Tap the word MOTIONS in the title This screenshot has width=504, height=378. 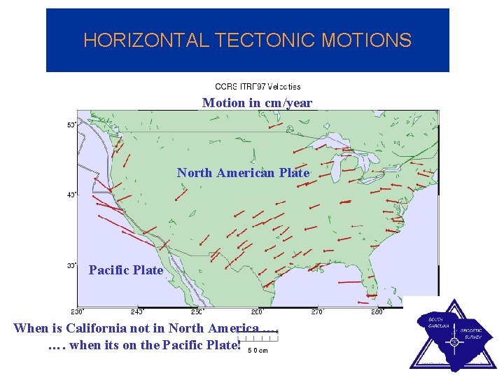click(x=366, y=41)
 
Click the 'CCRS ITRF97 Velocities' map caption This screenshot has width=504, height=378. click(x=258, y=87)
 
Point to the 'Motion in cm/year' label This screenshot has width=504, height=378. click(x=257, y=103)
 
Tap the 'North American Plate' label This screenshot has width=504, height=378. click(x=243, y=173)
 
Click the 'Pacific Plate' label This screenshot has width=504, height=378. click(x=126, y=270)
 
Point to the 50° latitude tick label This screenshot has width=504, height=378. click(x=71, y=125)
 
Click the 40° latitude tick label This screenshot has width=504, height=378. click(x=71, y=195)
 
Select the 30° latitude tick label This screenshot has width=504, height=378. click(x=71, y=265)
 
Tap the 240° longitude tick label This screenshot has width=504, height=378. click(x=137, y=311)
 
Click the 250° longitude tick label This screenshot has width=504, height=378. click(x=197, y=311)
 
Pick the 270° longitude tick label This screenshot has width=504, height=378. click(x=317, y=311)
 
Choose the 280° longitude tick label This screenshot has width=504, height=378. click(x=377, y=311)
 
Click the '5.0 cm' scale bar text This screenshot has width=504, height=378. click(x=258, y=351)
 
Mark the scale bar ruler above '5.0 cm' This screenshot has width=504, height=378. click(x=259, y=341)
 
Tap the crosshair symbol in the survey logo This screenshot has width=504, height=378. click(x=454, y=342)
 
